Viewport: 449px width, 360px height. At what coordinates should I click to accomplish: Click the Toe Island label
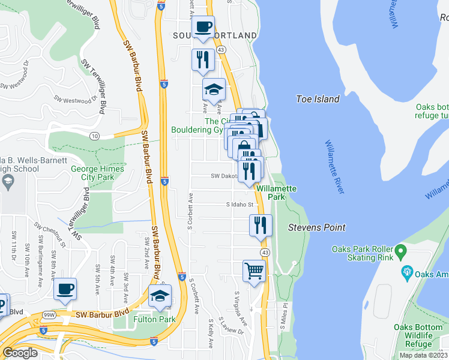tap(318, 99)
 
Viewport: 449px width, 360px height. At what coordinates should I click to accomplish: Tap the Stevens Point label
tap(316, 227)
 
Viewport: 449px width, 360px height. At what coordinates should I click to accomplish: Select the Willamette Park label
tap(276, 192)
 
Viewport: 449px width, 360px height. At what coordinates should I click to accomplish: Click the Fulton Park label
tap(155, 319)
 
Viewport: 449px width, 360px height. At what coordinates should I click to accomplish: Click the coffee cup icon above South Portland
tap(203, 27)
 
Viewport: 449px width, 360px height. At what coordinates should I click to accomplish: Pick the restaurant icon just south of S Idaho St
tap(261, 226)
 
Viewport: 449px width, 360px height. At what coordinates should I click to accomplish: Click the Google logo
tap(20, 353)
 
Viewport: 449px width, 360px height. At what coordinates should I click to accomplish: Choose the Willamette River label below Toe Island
tap(334, 167)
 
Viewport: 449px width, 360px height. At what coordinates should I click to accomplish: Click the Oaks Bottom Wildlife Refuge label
tap(420, 335)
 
